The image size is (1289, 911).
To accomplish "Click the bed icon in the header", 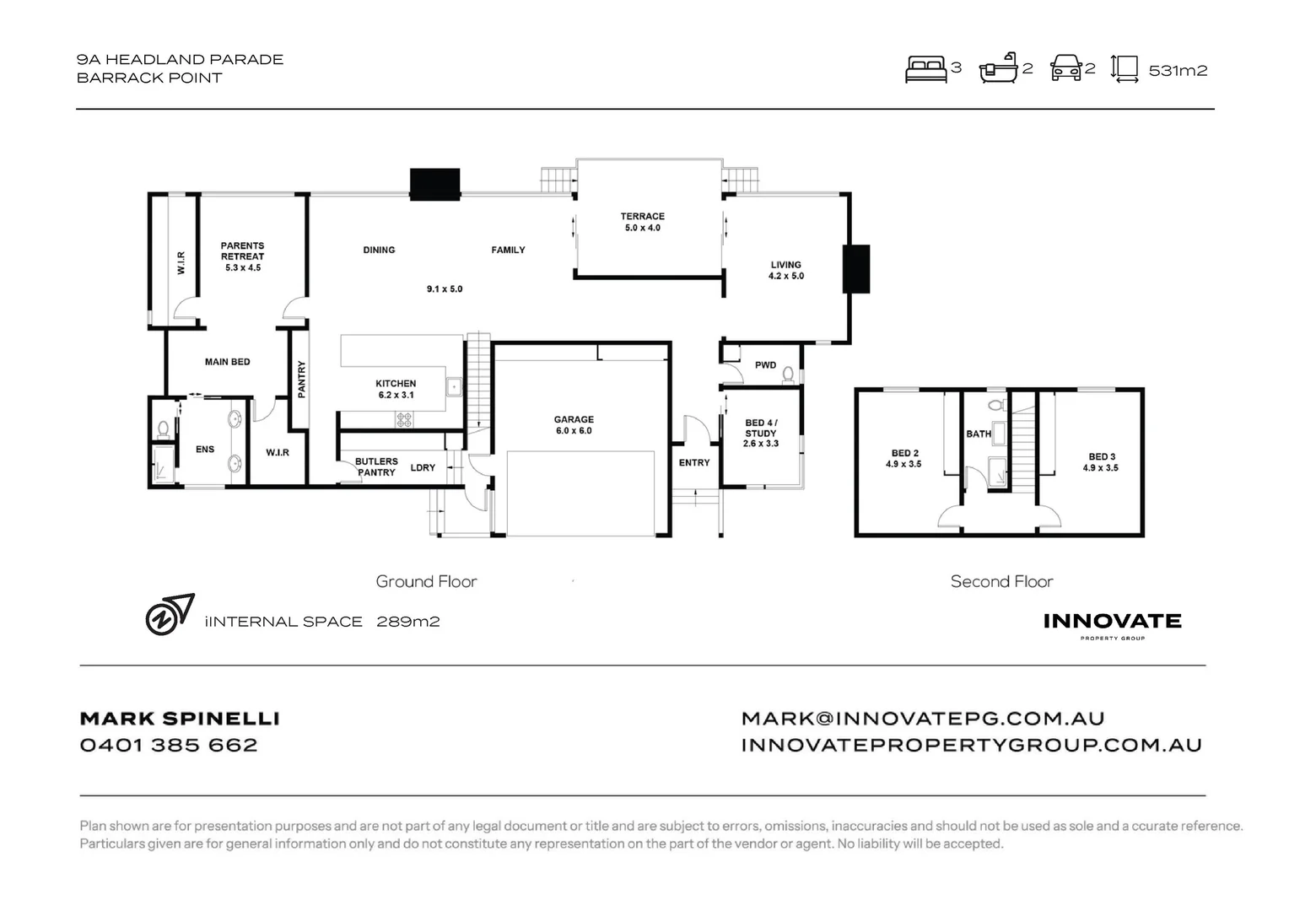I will click(x=925, y=69).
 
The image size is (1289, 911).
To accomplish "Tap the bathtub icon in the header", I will click(x=998, y=68).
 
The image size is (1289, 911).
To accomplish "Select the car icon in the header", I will click(x=1066, y=68).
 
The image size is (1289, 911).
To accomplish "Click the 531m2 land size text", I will click(x=1178, y=71).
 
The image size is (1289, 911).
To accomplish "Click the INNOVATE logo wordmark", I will click(x=1112, y=622).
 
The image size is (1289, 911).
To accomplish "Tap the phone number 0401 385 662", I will click(x=169, y=746).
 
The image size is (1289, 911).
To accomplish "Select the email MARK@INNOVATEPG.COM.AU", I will click(x=923, y=719).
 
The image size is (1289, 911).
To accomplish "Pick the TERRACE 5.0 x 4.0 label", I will click(x=643, y=222).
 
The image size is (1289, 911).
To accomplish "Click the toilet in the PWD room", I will click(x=788, y=374).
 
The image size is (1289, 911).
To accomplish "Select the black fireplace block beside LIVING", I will click(x=856, y=269).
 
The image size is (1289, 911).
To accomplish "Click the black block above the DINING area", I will click(x=434, y=184).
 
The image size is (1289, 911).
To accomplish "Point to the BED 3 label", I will click(x=1101, y=462).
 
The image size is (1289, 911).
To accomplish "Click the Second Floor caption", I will click(x=1001, y=582).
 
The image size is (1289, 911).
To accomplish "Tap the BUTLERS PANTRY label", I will click(x=376, y=467).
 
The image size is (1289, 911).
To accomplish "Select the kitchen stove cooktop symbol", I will click(x=405, y=418).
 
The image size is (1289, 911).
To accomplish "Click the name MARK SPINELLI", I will click(x=180, y=719).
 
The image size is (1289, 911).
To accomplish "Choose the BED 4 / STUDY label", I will click(x=760, y=433).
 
